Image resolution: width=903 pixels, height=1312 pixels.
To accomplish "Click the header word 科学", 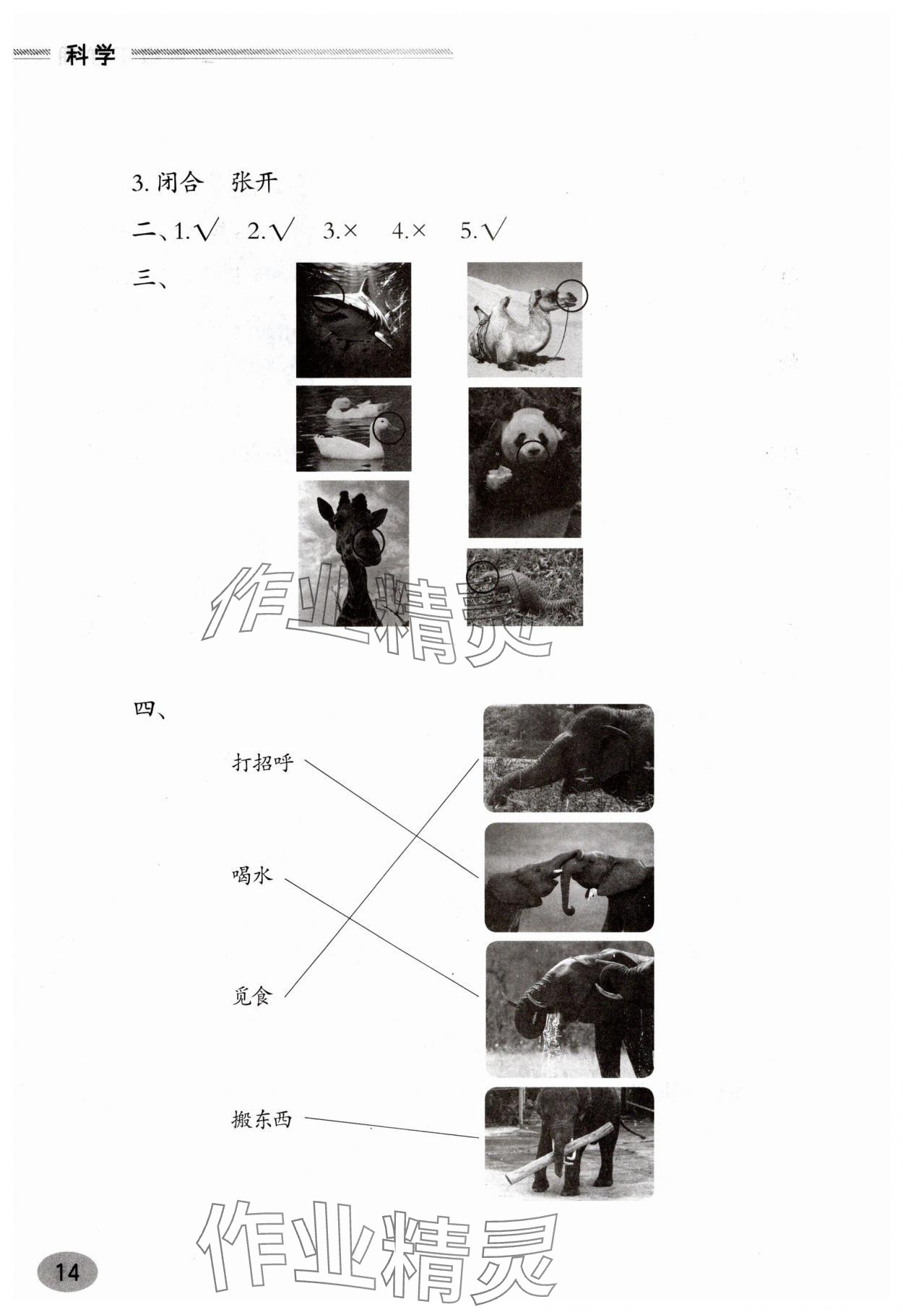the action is pos(91,54).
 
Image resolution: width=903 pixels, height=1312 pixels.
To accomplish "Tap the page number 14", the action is pos(67,1271).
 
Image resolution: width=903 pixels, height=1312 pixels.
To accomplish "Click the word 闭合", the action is pos(178,182).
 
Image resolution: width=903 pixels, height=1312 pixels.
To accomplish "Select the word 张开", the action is pos(254,182).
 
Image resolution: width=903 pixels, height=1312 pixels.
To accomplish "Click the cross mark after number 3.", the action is pos(350,231).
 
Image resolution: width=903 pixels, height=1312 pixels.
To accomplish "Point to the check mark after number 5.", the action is pos(495,230).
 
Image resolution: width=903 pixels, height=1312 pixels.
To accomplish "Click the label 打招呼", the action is pos(263,762).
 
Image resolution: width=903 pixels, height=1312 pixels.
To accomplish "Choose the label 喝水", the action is pos(252,875).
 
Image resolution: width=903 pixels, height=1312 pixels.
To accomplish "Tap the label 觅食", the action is pos(252,996).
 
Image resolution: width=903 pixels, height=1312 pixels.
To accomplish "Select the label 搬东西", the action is pos(262,1119).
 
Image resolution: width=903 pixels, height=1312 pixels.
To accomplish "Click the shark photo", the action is pos(353,320).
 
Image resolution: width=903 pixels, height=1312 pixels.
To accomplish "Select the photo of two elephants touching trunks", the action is pos(569,877).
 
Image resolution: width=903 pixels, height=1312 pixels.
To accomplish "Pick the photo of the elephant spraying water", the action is pos(569,1009).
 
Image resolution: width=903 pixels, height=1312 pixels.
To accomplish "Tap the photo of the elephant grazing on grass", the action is pos(569,758).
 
